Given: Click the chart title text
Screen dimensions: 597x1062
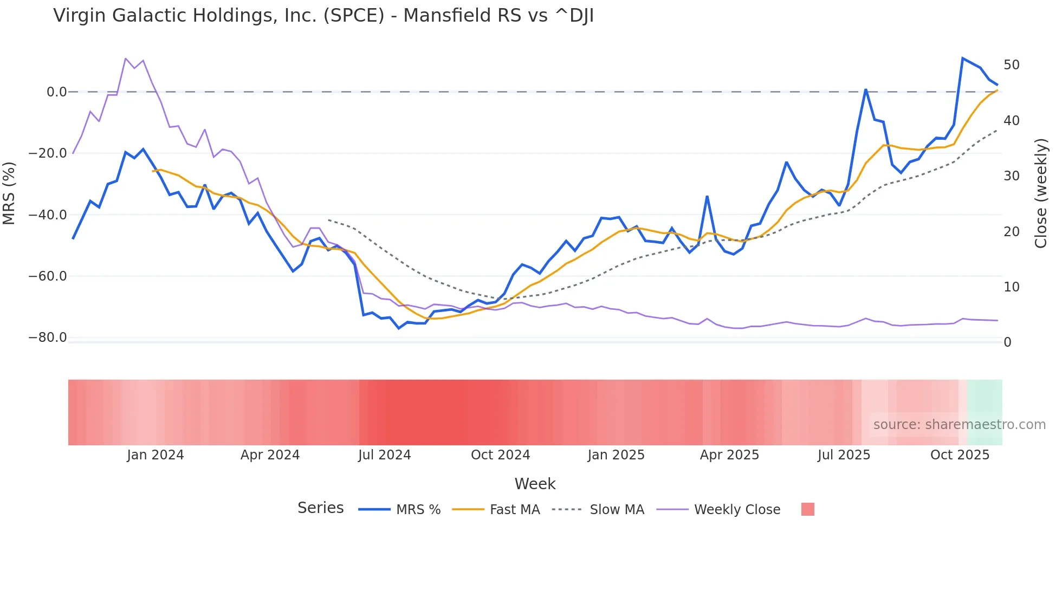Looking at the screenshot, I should coord(323,16).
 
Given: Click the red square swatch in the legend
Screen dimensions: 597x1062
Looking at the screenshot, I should coord(807,509).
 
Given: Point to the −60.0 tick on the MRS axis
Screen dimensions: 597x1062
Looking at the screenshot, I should coord(48,276).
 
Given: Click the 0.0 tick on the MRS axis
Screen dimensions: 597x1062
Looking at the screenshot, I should coord(56,92).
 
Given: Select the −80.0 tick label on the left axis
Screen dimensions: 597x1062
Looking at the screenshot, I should coord(48,338).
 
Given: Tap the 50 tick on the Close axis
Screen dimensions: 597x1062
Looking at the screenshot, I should coord(1011,65).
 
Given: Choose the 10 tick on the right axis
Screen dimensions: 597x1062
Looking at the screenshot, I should coord(1011,287).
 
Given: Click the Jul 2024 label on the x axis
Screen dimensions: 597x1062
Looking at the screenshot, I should coord(384,455).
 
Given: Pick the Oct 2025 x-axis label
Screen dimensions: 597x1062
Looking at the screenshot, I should coord(960,455).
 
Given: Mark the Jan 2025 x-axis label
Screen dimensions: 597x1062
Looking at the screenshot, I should coord(616,455).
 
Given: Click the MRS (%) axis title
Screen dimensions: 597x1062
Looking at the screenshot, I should coord(9,193).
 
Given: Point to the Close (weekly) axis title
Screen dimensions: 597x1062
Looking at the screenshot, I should coord(1040,193).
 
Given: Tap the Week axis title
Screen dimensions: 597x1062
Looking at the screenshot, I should coord(535,484).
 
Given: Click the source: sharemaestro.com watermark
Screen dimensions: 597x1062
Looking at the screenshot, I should coord(959,425).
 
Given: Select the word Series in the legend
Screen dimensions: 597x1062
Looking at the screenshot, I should coord(320,508).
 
